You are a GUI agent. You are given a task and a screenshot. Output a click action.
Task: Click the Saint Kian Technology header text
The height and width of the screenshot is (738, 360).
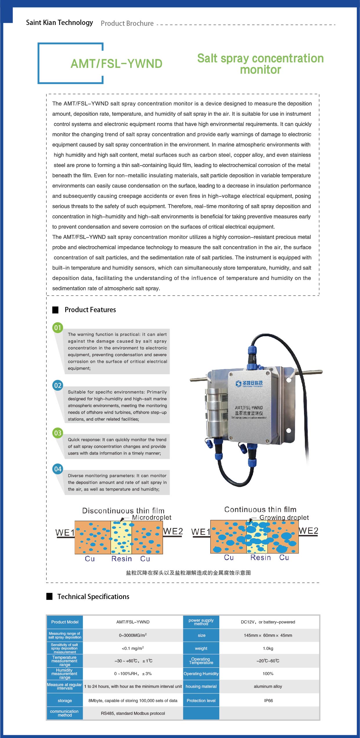59,23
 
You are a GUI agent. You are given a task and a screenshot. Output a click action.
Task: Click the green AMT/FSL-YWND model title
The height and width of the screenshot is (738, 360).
116,64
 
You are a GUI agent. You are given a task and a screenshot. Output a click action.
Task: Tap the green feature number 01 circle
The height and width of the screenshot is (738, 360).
58,328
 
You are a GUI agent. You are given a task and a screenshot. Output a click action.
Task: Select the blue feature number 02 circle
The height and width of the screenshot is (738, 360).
58,385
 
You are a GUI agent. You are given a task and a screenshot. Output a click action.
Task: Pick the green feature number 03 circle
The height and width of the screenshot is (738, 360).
58,433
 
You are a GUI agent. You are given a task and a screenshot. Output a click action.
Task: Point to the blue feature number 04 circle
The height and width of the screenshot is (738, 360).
58,469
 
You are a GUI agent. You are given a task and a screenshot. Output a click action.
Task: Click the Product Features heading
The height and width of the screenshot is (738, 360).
90,310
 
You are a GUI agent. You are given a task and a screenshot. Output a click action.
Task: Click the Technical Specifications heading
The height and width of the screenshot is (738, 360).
93,596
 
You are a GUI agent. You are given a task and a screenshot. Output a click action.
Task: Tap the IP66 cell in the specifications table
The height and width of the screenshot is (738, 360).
268,701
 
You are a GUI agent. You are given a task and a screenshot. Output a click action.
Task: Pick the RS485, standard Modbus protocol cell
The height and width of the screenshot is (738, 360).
133,713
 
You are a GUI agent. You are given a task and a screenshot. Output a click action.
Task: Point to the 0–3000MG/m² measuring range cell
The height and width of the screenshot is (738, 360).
133,635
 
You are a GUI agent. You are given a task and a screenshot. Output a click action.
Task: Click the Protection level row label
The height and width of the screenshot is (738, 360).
201,701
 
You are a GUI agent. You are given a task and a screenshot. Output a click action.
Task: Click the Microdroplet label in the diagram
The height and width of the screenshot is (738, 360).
151,518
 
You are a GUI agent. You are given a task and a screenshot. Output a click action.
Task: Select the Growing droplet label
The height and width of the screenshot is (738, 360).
284,518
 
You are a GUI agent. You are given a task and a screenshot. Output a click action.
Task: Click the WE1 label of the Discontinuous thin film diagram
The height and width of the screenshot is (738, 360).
65,533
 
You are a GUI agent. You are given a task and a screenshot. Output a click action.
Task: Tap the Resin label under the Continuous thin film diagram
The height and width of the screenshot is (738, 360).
260,558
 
